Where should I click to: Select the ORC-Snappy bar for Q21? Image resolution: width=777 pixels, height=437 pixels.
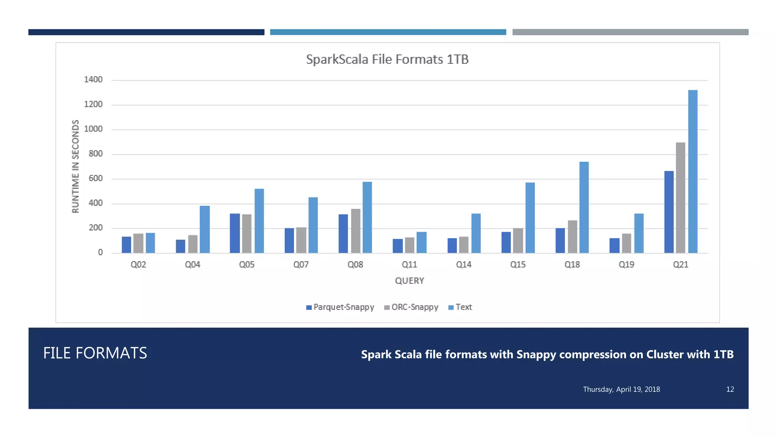tap(681, 198)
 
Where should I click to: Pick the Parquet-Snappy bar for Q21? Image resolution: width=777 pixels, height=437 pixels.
tap(669, 212)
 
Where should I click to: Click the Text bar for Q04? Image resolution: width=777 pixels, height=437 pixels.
tap(204, 230)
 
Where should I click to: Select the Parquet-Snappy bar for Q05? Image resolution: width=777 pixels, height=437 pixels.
tap(234, 233)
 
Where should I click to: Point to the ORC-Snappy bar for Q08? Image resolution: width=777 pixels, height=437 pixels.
tap(355, 231)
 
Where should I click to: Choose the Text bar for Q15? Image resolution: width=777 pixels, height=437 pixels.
tap(530, 218)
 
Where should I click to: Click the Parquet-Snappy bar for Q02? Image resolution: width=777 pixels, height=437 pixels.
tap(126, 245)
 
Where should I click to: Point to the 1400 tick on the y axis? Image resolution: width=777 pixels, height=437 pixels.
tap(93, 80)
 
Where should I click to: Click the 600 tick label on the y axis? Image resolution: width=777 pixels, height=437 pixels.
tap(96, 178)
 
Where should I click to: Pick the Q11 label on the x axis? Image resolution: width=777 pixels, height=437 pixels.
tap(409, 264)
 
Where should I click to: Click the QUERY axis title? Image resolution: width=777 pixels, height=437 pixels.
tap(409, 281)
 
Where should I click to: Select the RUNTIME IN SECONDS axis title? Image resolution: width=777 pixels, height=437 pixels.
tap(75, 166)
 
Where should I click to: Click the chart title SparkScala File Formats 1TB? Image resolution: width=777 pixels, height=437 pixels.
tap(387, 60)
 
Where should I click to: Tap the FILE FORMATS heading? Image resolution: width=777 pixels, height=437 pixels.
tap(95, 353)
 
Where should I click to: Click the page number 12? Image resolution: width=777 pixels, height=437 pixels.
tap(730, 390)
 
